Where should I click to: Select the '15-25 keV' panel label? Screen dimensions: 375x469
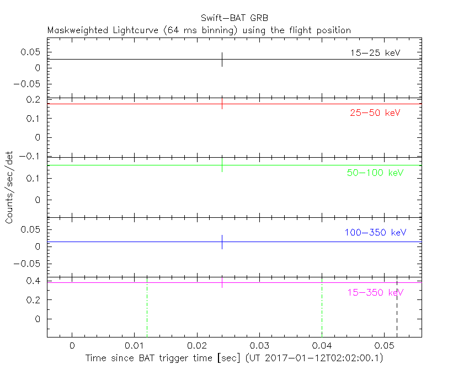point(375,53)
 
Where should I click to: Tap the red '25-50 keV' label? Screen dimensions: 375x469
point(375,113)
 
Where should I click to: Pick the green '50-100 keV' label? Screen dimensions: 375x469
point(375,173)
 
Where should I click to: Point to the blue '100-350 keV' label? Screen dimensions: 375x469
point(375,232)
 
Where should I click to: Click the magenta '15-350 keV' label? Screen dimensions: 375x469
point(375,292)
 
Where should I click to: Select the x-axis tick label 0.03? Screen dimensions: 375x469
point(259,345)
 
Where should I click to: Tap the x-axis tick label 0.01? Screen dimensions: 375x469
point(134,345)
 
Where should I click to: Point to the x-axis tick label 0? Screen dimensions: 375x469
point(72,345)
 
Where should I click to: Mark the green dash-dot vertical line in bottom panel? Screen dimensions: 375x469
point(147,309)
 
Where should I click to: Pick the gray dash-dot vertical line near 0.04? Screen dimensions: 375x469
point(322,309)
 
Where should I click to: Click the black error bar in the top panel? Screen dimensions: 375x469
point(222,60)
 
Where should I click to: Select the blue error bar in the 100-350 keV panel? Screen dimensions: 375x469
point(222,242)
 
